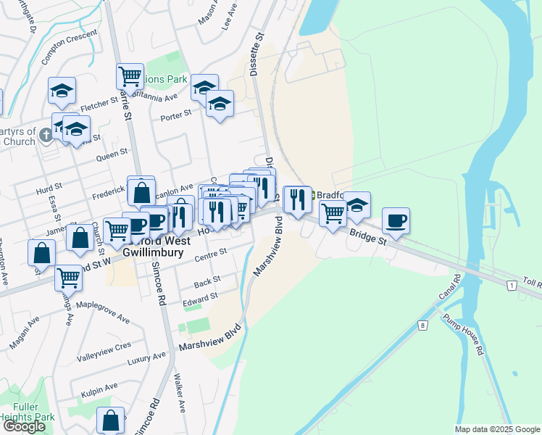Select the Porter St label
tap(175, 114)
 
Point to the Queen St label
tap(112, 153)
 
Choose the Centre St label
tap(212, 252)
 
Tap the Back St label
tap(207, 280)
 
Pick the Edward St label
tap(200, 298)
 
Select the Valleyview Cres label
tap(104, 346)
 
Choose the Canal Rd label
tap(449, 288)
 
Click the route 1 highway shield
tap(512, 287)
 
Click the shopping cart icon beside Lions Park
tap(130, 75)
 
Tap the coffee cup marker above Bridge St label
tap(396, 220)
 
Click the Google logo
tap(24, 426)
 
